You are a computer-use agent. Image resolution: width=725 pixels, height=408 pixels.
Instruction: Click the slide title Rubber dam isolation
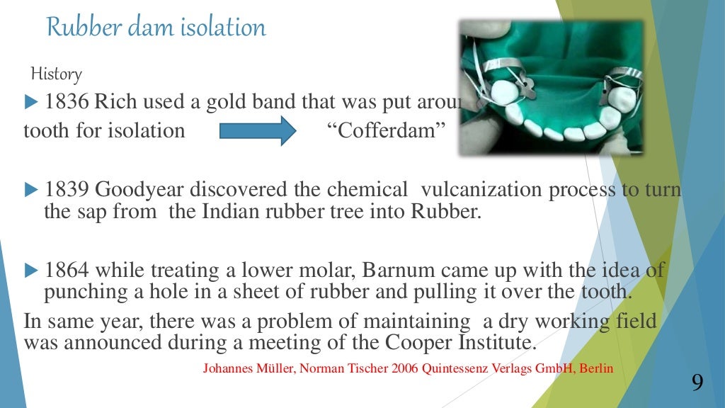tap(156, 28)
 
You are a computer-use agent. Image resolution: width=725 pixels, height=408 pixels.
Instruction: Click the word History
tap(56, 74)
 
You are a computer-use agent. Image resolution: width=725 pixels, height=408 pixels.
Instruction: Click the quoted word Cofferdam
tap(381, 131)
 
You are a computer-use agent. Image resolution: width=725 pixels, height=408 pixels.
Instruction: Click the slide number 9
tap(697, 383)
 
